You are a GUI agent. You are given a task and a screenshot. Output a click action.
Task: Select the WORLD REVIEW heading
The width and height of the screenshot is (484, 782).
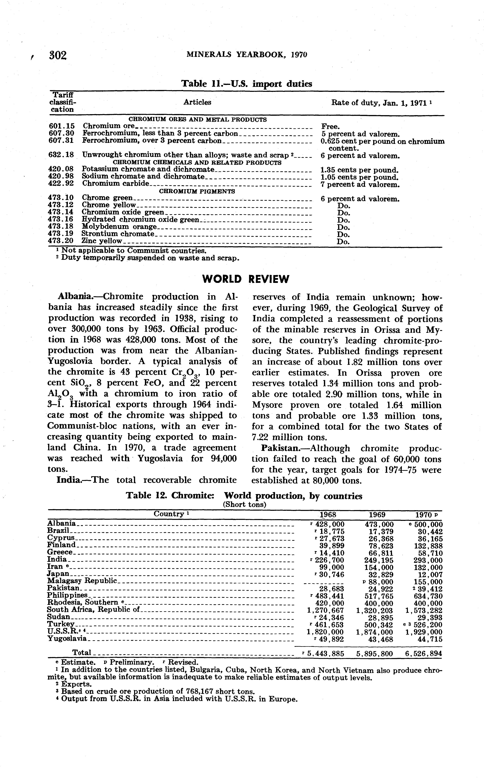245,279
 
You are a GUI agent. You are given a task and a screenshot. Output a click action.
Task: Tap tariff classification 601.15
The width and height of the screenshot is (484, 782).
61,126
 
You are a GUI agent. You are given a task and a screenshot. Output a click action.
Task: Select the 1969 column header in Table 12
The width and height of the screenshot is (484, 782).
377,515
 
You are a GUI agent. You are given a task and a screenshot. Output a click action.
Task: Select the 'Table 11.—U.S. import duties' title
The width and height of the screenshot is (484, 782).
246,84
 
